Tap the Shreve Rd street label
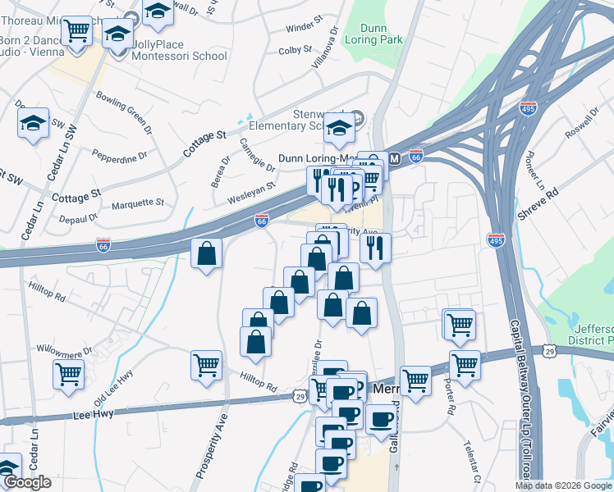[538, 203]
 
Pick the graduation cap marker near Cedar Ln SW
[33, 124]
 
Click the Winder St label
[300, 28]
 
